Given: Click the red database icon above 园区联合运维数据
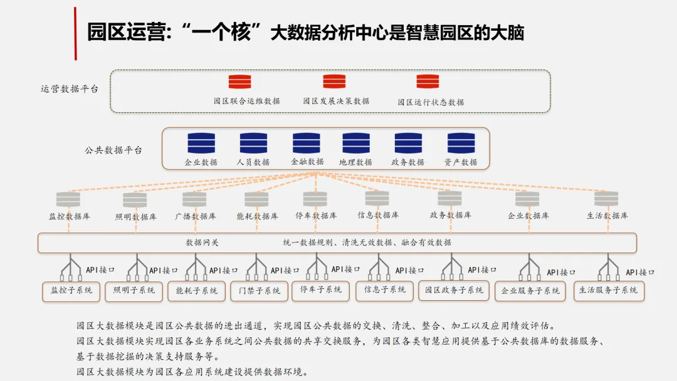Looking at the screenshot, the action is (x=239, y=81).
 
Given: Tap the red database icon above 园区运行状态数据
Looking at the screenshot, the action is (x=428, y=81).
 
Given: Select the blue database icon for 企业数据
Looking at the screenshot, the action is (x=201, y=144).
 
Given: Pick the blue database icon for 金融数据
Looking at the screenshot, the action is (x=306, y=144).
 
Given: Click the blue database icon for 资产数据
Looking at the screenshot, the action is (x=461, y=144).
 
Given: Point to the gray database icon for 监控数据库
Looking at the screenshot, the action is (x=68, y=199).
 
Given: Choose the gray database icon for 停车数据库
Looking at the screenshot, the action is (x=315, y=199).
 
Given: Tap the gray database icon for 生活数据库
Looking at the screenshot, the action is (x=606, y=199).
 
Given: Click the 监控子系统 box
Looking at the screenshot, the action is (x=71, y=291).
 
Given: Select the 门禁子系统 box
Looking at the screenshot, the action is (x=259, y=291).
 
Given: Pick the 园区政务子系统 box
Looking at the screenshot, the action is (x=454, y=290).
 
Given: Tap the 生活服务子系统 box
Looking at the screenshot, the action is (x=609, y=291).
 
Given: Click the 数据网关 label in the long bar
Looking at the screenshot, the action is (x=202, y=243).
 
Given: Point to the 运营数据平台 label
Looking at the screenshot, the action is (x=70, y=89).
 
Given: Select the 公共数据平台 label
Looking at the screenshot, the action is (x=113, y=150).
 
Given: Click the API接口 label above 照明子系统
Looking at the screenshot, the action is (x=163, y=271).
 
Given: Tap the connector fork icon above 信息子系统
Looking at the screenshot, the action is (x=379, y=267).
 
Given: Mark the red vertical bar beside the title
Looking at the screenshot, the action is (x=76, y=33).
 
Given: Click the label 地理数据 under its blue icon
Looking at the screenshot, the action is (x=355, y=162).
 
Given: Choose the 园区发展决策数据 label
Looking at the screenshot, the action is (x=336, y=101).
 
